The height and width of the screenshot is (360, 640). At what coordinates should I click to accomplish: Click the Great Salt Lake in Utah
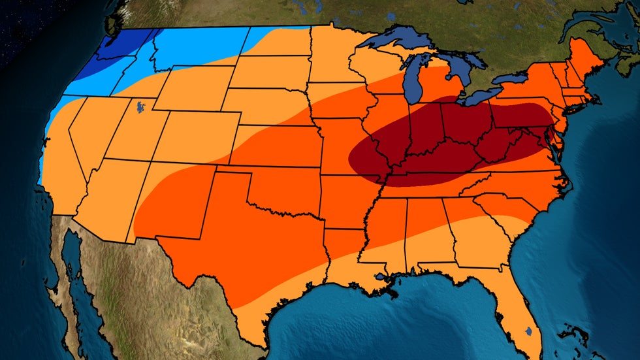(140, 106)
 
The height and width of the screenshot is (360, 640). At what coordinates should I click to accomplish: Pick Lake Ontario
(513, 79)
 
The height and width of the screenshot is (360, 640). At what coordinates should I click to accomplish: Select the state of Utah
(137, 131)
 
